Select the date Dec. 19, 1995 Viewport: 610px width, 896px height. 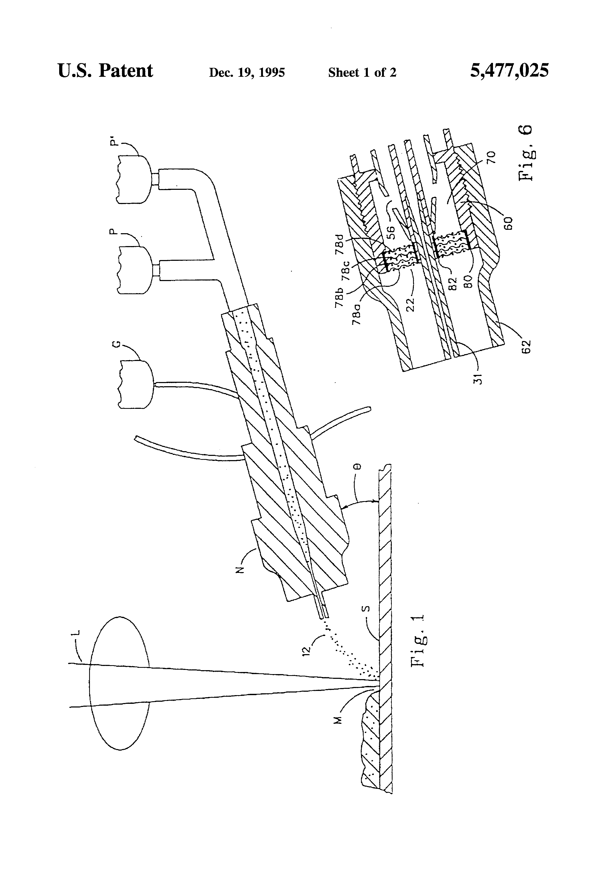pos(247,73)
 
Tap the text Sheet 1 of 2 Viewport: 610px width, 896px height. pos(362,73)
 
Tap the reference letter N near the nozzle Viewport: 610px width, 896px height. pos(240,570)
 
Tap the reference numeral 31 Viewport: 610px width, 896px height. pos(478,378)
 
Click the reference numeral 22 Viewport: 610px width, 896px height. pos(411,304)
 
